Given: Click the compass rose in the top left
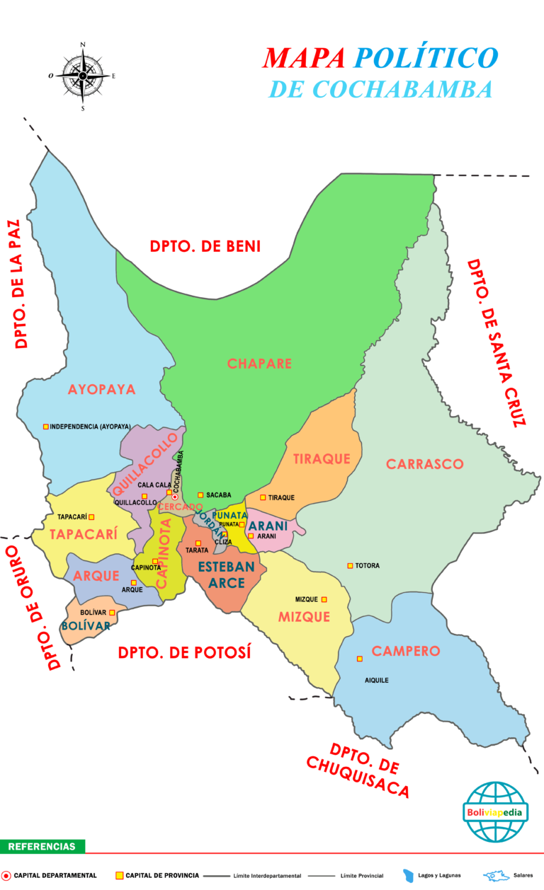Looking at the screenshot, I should point(83,75).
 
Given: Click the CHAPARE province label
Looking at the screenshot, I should point(259,364).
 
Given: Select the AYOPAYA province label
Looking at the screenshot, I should point(101,389).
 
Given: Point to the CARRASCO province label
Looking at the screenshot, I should point(425,464).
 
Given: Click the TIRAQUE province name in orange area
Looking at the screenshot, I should point(322,459).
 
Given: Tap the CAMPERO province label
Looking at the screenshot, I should point(406,651).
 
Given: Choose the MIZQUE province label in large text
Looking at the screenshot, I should point(304,617).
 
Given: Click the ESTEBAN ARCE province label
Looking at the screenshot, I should point(222,574).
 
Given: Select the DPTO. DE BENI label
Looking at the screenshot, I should point(205,246).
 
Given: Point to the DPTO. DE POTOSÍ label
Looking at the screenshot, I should point(185,652).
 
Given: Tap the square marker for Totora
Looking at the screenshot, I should point(350,565).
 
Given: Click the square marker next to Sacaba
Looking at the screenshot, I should point(200,495).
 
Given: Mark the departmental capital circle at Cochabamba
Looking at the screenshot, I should point(175,497).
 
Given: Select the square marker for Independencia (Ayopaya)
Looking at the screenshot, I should point(46,427).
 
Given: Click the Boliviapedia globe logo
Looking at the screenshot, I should point(495,812).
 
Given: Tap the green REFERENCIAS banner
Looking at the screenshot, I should point(42,846).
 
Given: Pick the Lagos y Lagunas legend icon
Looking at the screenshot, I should point(409,876).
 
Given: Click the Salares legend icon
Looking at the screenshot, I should point(496,876).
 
